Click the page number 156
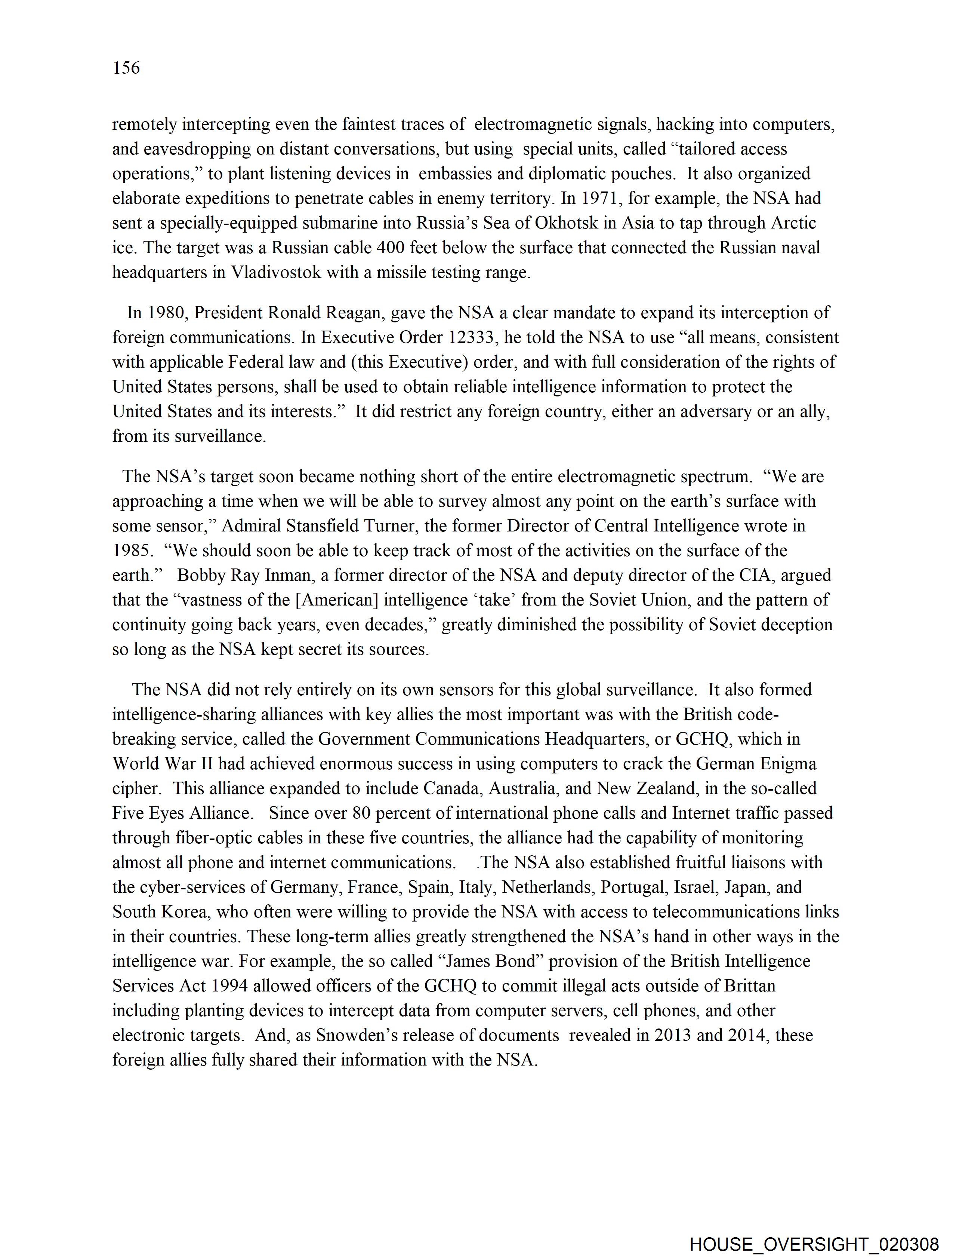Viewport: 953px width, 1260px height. [x=126, y=68]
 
